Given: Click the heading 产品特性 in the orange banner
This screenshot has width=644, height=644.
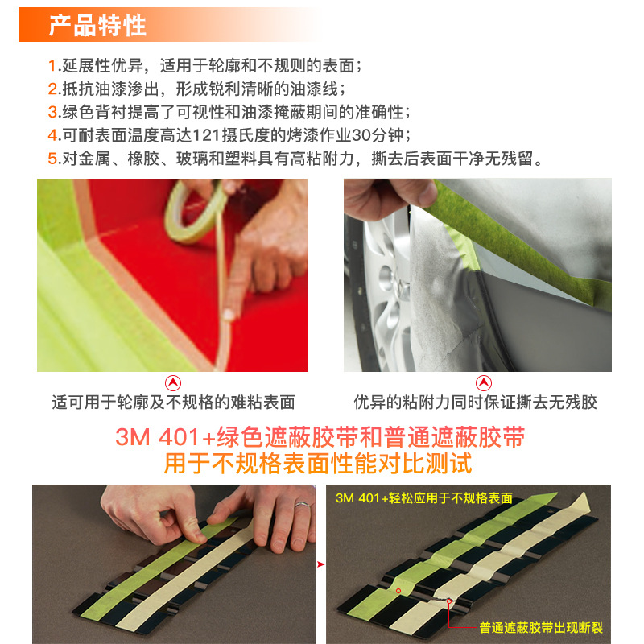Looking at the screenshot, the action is (x=97, y=25).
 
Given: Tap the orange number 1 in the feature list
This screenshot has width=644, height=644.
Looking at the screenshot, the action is (x=52, y=66).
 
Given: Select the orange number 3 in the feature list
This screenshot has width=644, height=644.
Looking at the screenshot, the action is (x=52, y=112).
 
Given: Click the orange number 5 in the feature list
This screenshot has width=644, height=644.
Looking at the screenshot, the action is (x=52, y=158).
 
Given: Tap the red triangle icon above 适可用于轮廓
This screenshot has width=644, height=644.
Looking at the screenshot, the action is (x=173, y=383).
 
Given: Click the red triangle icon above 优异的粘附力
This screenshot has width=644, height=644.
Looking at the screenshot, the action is (x=484, y=383).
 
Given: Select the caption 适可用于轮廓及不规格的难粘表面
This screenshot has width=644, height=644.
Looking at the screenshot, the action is (x=173, y=402).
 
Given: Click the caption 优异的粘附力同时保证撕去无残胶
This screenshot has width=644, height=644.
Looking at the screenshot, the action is (x=475, y=402).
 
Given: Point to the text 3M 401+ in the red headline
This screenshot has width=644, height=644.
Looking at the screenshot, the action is (x=165, y=436).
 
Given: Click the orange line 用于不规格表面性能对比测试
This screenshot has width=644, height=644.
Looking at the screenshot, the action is (x=318, y=464).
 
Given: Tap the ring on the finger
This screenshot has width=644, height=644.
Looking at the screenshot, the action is (x=303, y=505).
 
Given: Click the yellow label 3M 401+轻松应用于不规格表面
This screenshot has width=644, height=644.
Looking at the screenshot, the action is (x=424, y=498).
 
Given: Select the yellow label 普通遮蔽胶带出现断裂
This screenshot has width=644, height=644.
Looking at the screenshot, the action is (x=541, y=628).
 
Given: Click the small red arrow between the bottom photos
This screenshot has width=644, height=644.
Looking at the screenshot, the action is (x=320, y=564).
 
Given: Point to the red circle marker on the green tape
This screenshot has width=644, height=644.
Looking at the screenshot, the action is (x=398, y=591).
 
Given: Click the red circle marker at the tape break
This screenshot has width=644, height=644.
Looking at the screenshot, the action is (x=449, y=601).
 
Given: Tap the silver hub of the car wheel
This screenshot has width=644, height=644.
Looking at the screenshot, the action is (x=398, y=283).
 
